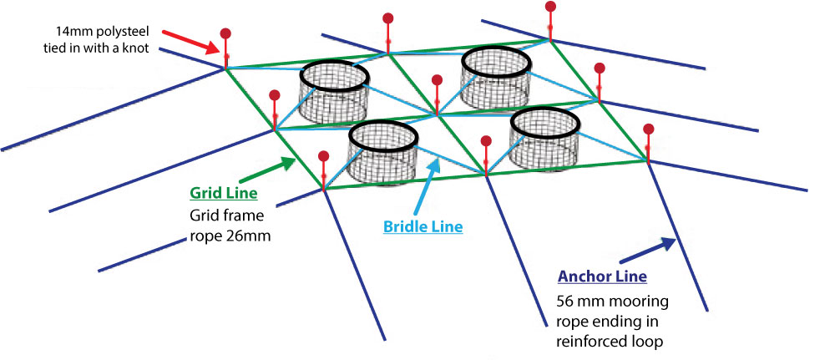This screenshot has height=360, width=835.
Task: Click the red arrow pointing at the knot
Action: click(x=190, y=42)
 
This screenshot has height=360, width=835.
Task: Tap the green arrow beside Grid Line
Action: click(x=267, y=170)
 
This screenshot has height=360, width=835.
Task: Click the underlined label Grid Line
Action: click(x=223, y=193)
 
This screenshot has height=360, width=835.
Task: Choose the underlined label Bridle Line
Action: click(x=423, y=227)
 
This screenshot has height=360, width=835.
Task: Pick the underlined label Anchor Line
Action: click(x=602, y=277)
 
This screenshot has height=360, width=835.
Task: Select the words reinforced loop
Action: click(x=610, y=342)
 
